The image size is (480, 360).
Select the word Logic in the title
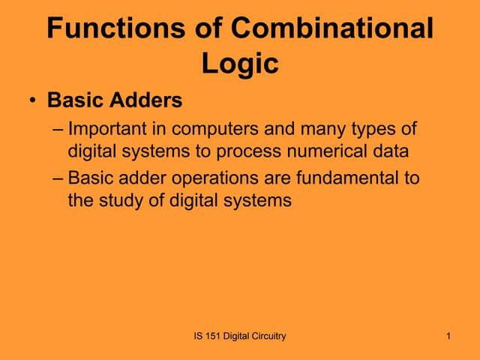click(240, 64)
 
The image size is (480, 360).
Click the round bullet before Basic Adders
click(34, 100)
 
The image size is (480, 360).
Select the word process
click(244, 151)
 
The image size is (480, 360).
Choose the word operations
click(215, 179)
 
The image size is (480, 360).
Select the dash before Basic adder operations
click(58, 179)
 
